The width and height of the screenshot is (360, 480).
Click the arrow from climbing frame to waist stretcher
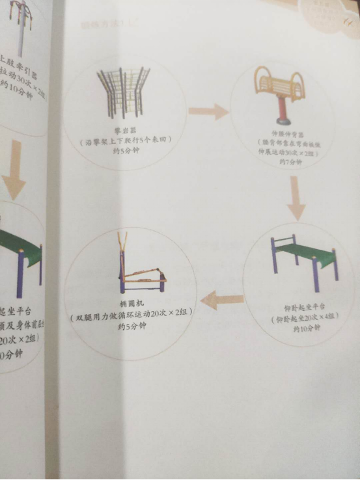pyautogui.click(x=208, y=111)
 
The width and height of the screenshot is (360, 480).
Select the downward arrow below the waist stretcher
pyautogui.click(x=296, y=198)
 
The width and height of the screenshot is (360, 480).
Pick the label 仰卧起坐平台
pyautogui.click(x=303, y=305)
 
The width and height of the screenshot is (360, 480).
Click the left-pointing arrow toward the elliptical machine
pyautogui.click(x=222, y=300)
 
